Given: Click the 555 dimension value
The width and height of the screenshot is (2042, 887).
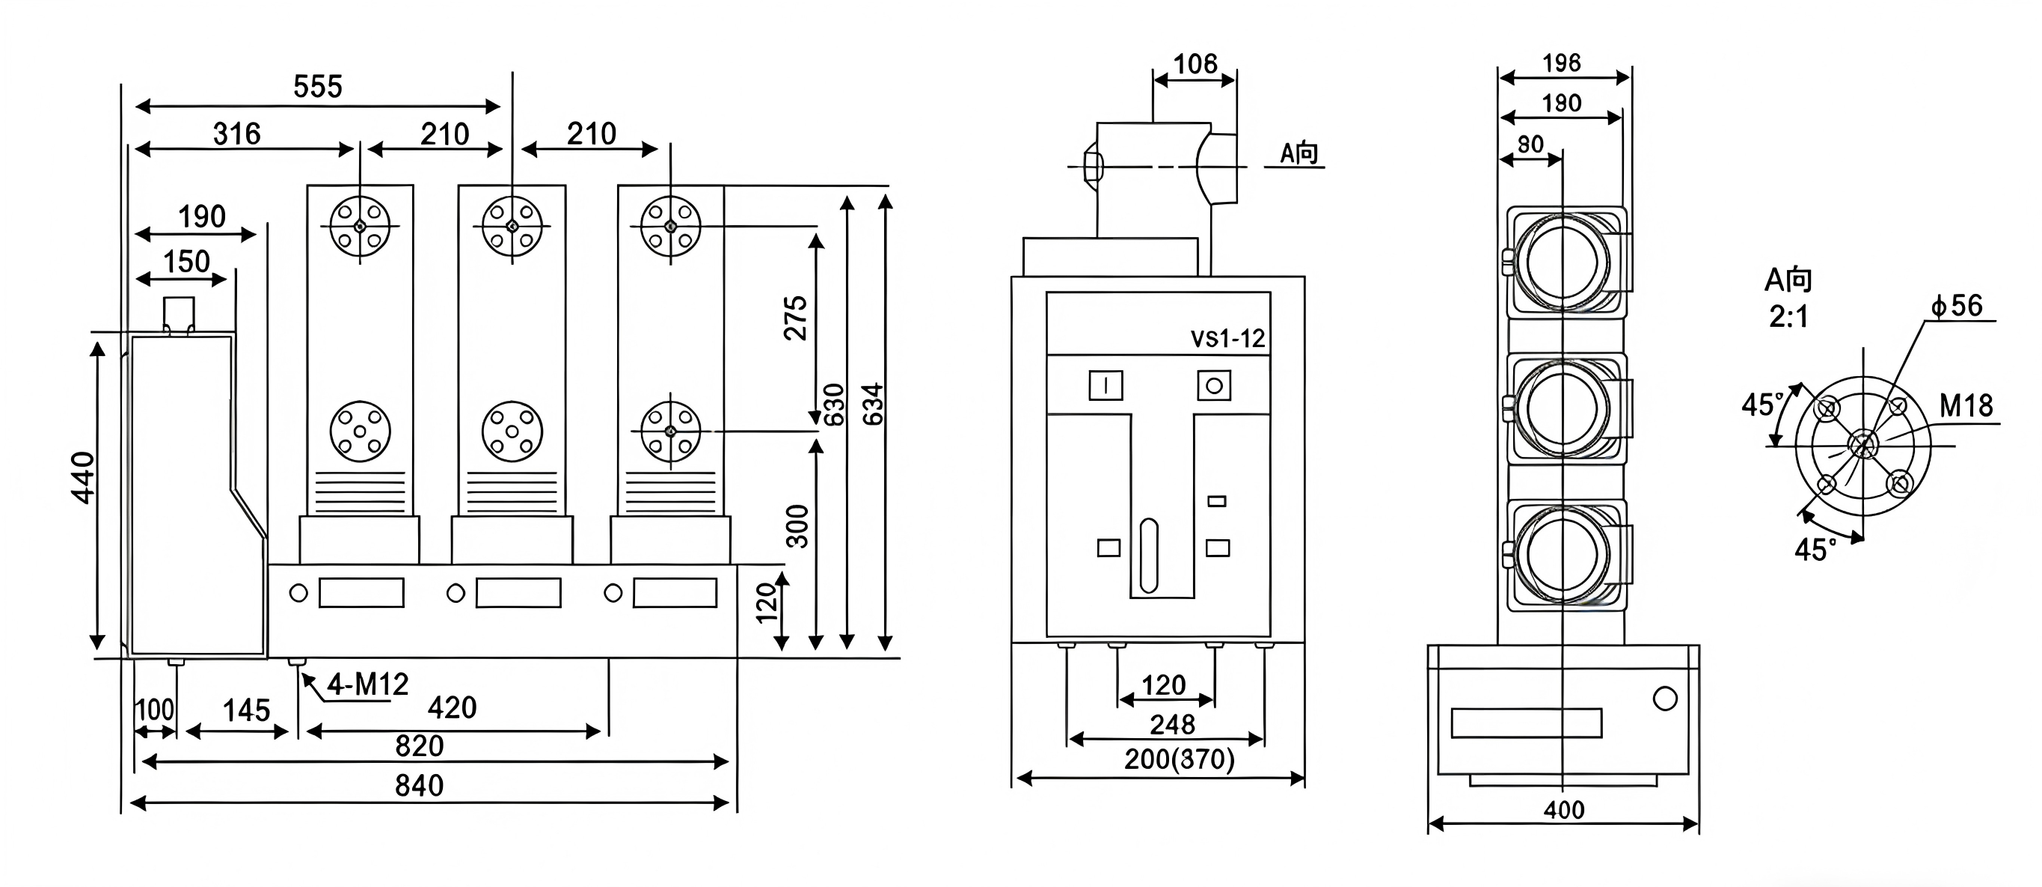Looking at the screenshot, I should pos(317,87).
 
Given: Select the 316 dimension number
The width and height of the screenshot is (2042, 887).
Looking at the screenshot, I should pos(236,134).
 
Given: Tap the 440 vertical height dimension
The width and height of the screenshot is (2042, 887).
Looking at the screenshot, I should pos(82,477).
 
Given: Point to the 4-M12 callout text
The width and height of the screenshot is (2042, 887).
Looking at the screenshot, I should pos(367,684).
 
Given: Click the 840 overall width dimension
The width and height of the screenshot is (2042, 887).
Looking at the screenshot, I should pos(419,785).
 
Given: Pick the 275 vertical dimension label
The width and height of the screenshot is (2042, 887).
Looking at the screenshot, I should pos(795,319).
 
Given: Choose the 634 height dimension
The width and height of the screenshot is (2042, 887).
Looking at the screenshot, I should pos(873,405).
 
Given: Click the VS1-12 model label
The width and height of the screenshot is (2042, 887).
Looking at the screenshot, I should pos(1227,340).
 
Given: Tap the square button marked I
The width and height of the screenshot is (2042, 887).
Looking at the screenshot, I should pos(1106,386).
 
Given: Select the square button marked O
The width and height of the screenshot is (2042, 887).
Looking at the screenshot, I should pos(1214,386).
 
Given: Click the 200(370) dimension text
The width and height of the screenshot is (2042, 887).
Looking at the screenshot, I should pos(1179,759).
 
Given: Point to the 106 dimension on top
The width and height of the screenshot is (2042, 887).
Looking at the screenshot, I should pos(1195,64).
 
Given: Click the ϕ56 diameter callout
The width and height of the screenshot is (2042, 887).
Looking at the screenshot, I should pos(1957,306).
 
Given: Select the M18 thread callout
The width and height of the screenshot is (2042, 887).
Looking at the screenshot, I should pos(1965,406).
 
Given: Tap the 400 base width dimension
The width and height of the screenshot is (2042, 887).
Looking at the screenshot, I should pos(1563,810).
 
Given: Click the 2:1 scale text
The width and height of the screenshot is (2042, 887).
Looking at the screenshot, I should pos(1788,317).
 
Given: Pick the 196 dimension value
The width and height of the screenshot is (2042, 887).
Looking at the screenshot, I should pos(1561,64).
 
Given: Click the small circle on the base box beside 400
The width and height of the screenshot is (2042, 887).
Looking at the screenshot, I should pos(1665,699).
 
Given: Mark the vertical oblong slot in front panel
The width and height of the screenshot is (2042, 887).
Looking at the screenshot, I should pos(1148,556).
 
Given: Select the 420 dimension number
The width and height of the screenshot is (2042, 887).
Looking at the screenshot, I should pos(452,708).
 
